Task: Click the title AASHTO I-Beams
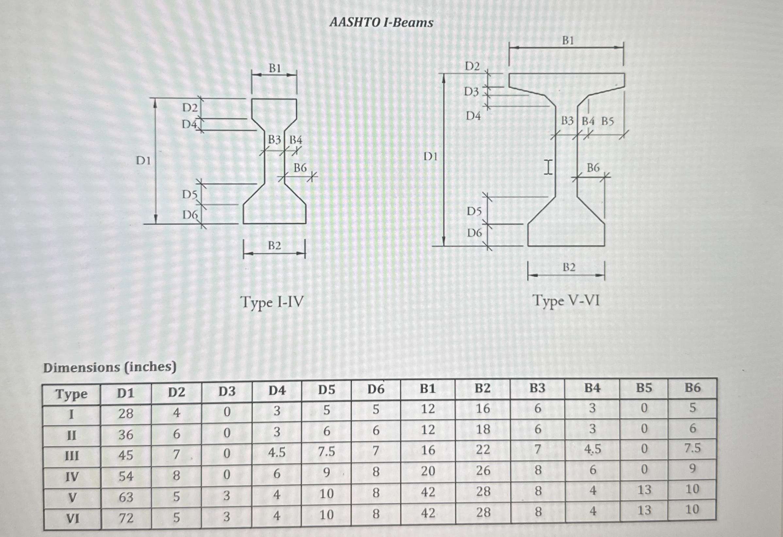click(x=381, y=23)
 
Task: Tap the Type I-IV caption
click(x=272, y=302)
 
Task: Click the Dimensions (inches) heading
click(x=110, y=367)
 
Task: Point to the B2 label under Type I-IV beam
click(x=274, y=246)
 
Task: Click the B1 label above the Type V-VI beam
click(x=568, y=41)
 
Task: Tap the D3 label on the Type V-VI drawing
click(x=471, y=91)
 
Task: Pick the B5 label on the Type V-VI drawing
click(x=608, y=121)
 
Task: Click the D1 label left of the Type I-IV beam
click(x=143, y=161)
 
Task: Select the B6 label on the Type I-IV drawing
click(x=300, y=168)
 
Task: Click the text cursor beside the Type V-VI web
click(x=548, y=167)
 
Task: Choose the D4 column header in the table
click(x=277, y=390)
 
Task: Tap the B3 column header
click(x=537, y=388)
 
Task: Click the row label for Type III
click(x=72, y=456)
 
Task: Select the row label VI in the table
click(x=72, y=518)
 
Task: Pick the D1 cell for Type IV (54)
click(x=126, y=476)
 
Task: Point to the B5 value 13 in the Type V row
click(x=644, y=490)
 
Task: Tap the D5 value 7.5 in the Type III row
click(x=326, y=451)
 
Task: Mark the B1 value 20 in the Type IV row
click(x=428, y=471)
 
